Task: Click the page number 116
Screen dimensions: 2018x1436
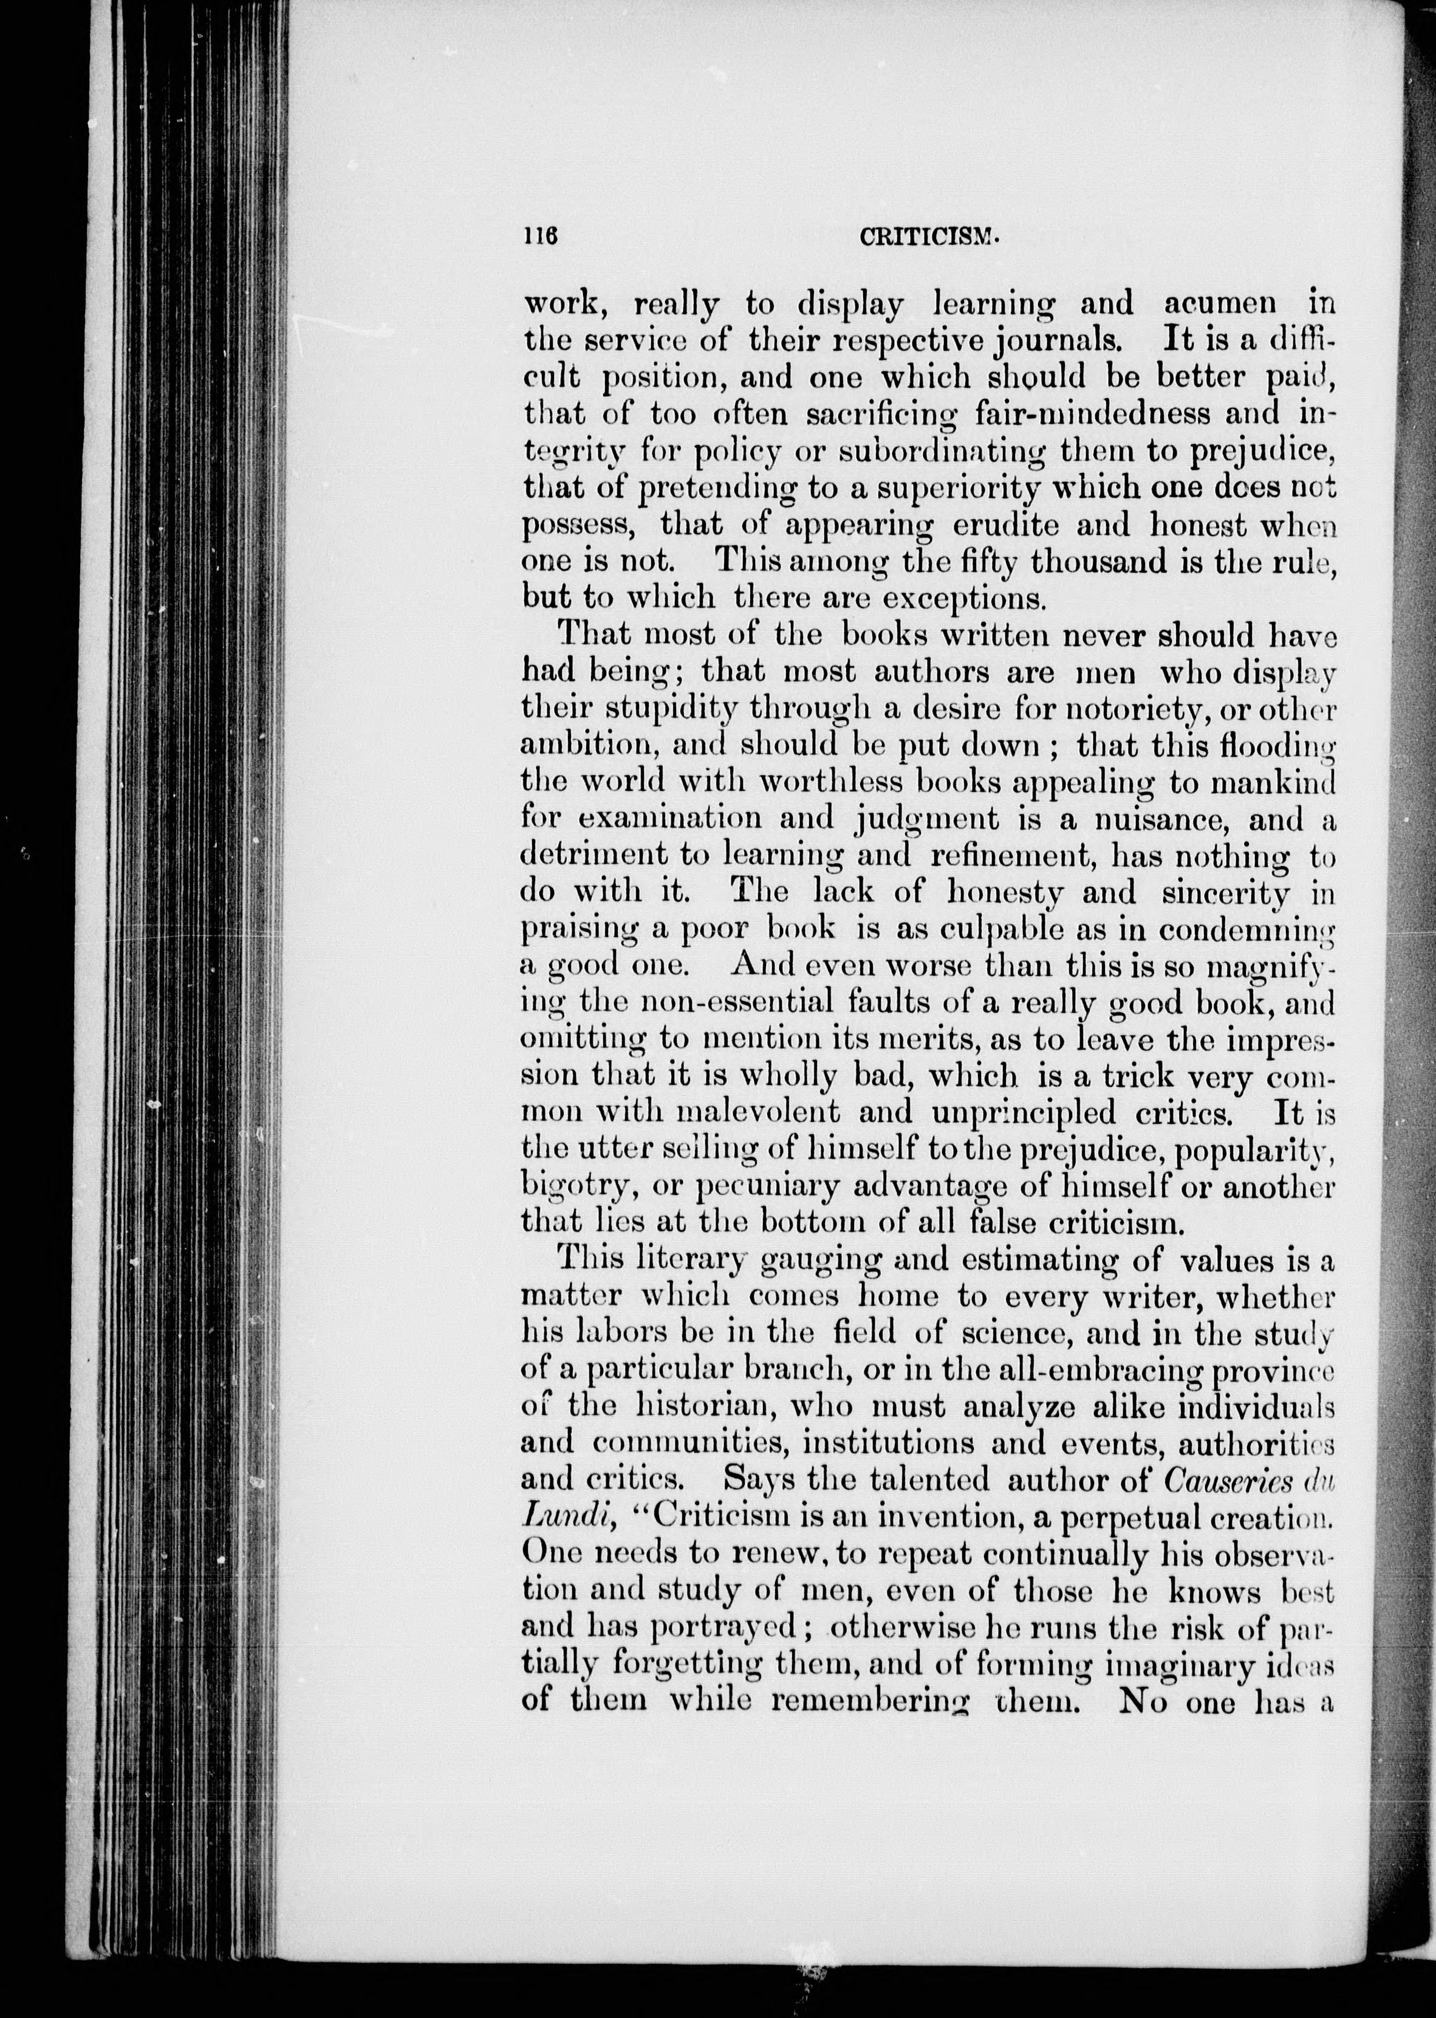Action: click(x=539, y=236)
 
